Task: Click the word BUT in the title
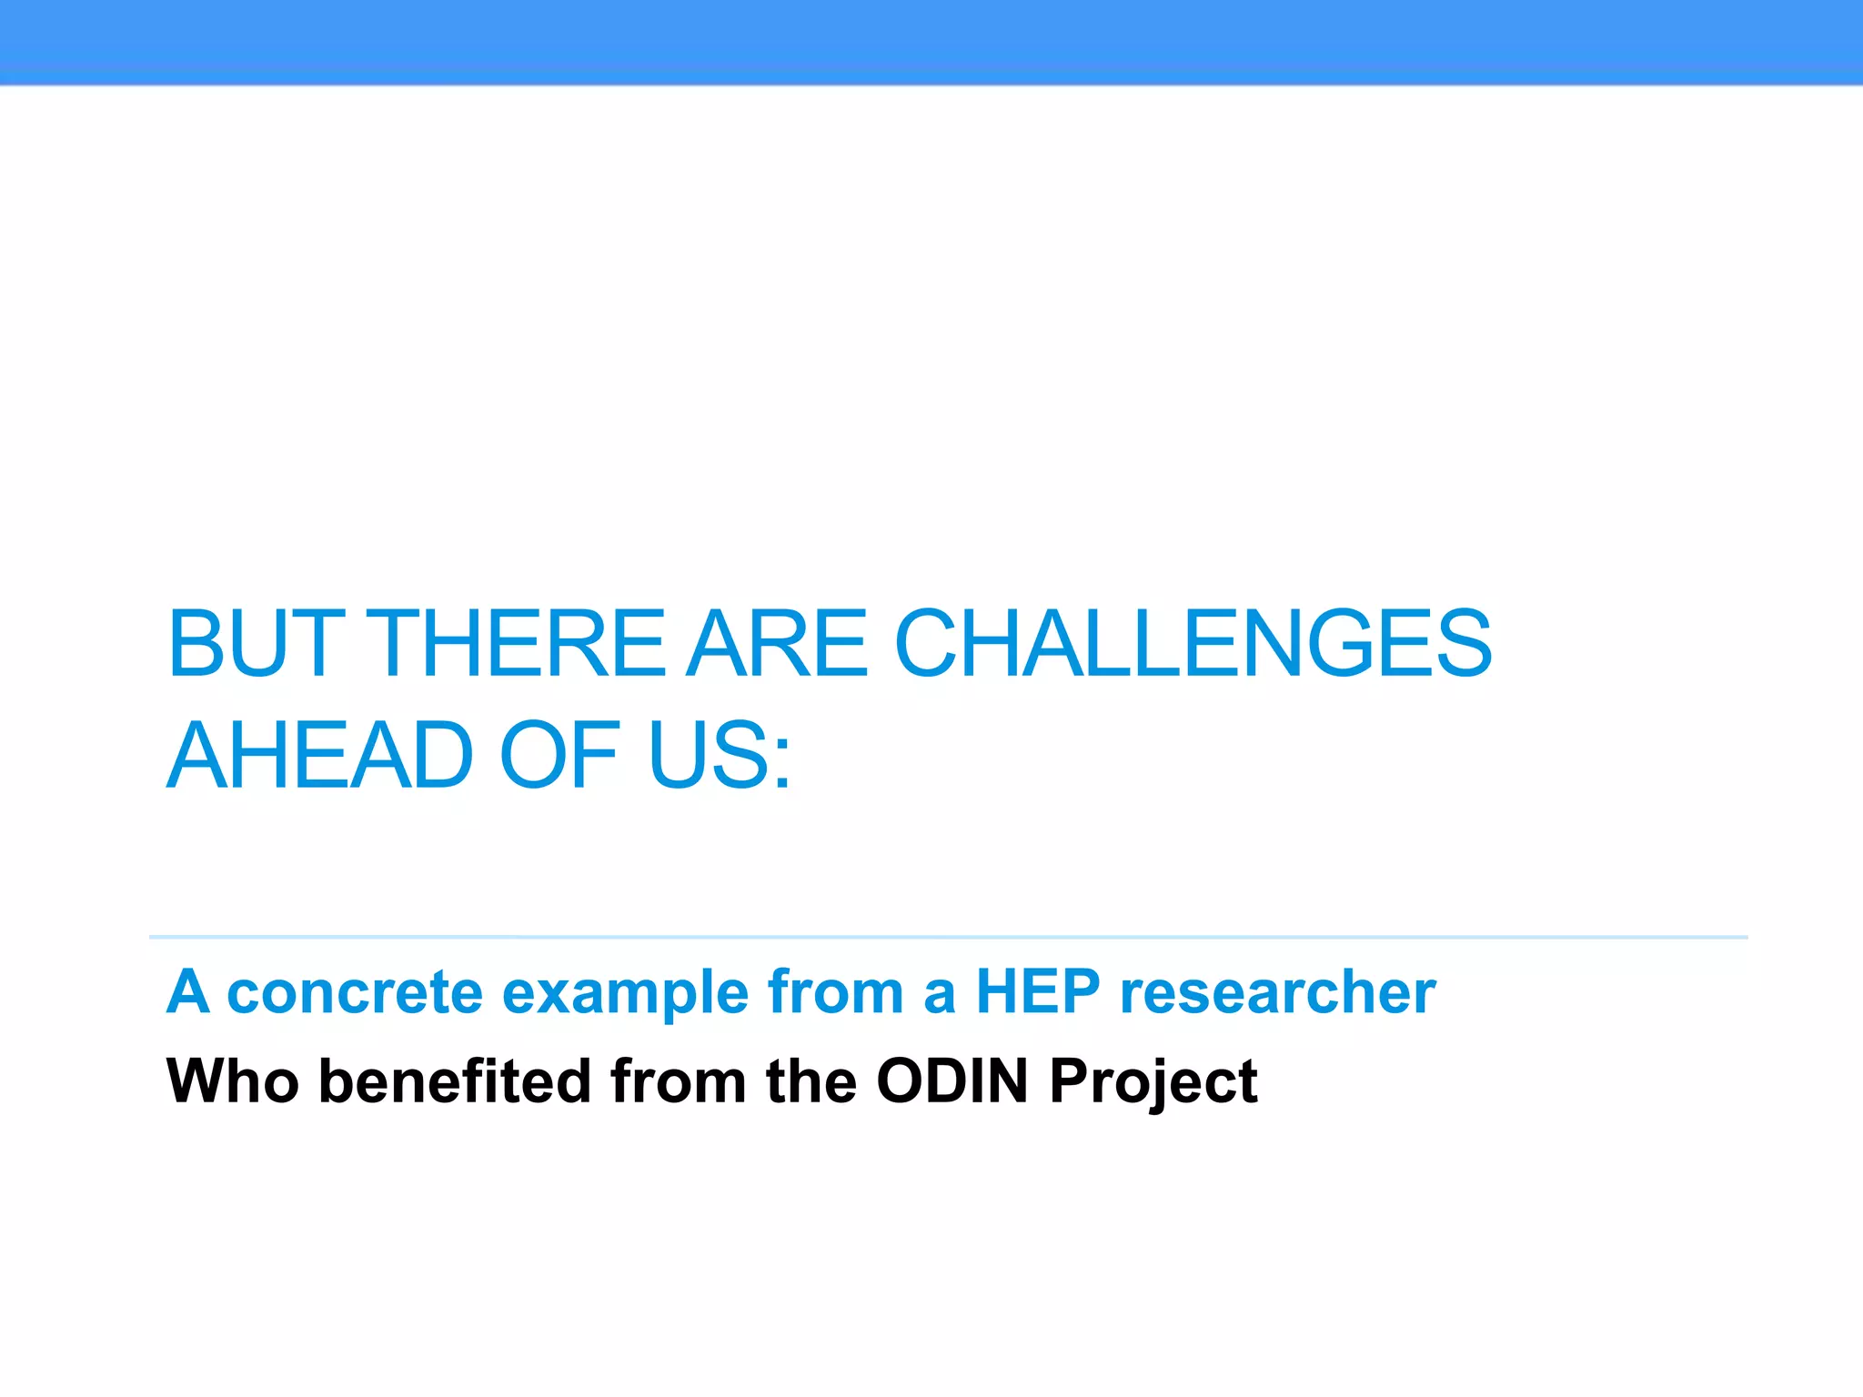point(257,643)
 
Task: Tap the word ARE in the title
point(778,643)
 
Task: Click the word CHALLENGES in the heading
point(1193,643)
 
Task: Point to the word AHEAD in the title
point(320,755)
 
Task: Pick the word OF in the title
point(559,755)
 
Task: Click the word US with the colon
point(719,755)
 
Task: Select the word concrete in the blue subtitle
point(355,991)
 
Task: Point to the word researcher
point(1278,991)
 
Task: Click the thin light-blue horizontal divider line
point(946,937)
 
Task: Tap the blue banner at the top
point(931,42)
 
